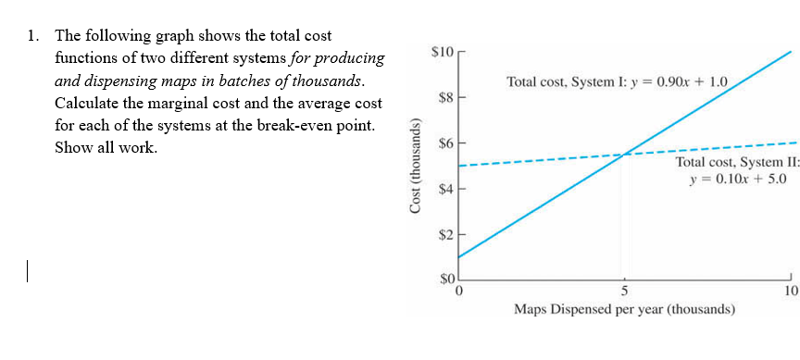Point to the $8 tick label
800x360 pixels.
pyautogui.click(x=444, y=95)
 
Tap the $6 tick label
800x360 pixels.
pyautogui.click(x=444, y=143)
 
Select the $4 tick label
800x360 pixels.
pyautogui.click(x=444, y=190)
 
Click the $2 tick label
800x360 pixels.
pyautogui.click(x=444, y=236)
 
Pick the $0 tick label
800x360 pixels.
pyautogui.click(x=444, y=279)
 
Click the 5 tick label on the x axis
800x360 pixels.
pyautogui.click(x=625, y=292)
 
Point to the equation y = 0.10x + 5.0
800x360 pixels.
pyautogui.click(x=737, y=179)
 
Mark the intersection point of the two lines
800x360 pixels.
pyautogui.click(x=626, y=154)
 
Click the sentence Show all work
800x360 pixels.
pyautogui.click(x=106, y=148)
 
